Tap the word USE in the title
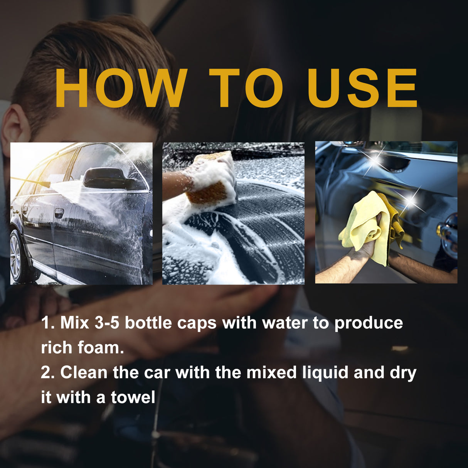(362, 88)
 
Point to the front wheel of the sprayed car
(17, 256)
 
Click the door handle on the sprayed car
(59, 212)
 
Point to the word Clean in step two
(84, 372)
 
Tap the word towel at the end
(133, 397)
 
